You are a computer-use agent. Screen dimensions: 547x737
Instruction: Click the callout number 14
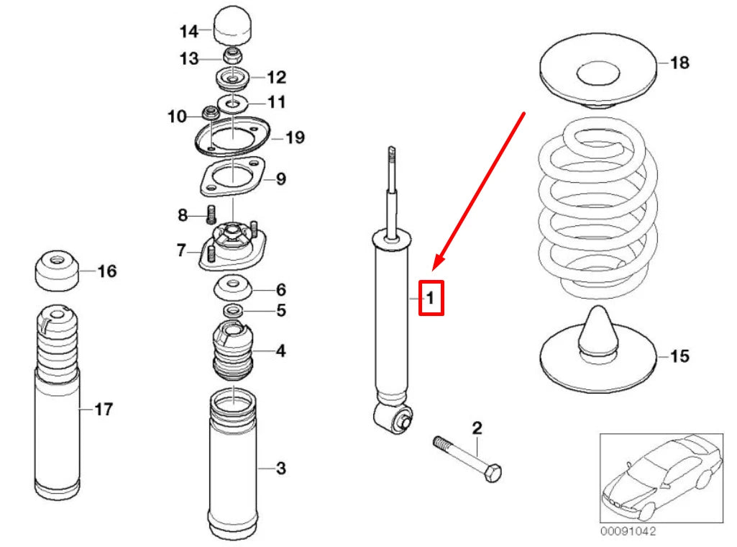[188, 31]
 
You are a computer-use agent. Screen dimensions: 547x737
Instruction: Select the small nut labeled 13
[234, 56]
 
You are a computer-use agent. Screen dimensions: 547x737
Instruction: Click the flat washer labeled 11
[234, 103]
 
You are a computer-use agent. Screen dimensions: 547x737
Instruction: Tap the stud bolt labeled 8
[212, 214]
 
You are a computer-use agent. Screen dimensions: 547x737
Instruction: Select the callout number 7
[182, 251]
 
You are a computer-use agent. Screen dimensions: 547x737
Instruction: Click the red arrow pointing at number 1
[482, 187]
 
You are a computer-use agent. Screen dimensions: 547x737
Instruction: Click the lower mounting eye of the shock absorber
[393, 418]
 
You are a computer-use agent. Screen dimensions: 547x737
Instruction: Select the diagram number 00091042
[628, 532]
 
